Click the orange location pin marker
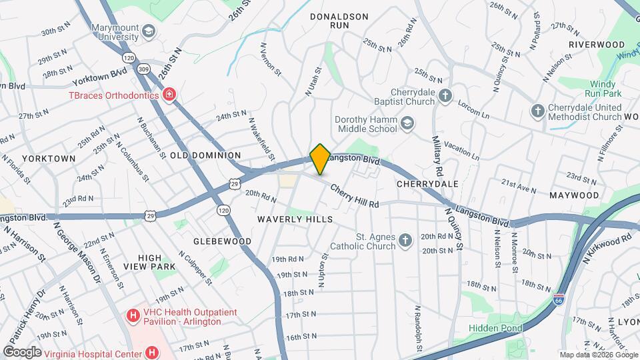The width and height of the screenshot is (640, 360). (x=320, y=159)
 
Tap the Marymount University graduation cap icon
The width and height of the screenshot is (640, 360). (x=149, y=31)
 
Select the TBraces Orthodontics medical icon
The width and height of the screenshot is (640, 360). (x=169, y=95)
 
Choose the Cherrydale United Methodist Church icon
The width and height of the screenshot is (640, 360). (x=538, y=111)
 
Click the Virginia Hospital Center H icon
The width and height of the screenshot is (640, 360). (x=152, y=352)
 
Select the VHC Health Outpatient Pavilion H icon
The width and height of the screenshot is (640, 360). (x=133, y=313)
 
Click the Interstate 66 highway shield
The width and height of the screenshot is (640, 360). (x=559, y=301)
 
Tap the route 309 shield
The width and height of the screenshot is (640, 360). (x=143, y=68)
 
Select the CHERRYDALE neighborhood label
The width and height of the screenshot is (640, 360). (x=427, y=183)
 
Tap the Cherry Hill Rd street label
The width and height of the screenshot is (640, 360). (x=354, y=196)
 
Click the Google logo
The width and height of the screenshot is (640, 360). (x=22, y=351)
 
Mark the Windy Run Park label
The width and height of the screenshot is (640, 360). (x=603, y=89)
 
